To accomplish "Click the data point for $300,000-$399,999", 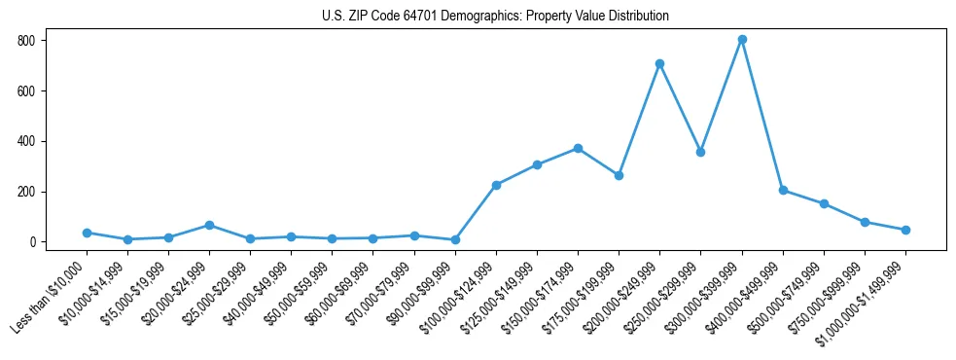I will [x=742, y=40].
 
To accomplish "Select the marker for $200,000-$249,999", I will [x=659, y=64].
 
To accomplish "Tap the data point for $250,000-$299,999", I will [x=700, y=152].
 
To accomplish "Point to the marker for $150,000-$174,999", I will [x=578, y=149].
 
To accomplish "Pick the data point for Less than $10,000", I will [x=87, y=233].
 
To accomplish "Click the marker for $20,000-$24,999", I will [x=209, y=225].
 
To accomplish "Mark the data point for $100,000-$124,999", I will [x=496, y=185].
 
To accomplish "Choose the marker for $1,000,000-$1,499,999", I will [x=905, y=230].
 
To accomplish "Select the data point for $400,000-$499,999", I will [x=783, y=191].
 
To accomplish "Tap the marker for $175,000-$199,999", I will [x=619, y=175].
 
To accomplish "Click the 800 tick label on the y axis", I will [x=25, y=41].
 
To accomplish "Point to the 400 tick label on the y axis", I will [x=25, y=141].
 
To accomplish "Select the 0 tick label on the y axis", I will [x=32, y=242].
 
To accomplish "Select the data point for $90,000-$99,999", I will [x=455, y=239].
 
